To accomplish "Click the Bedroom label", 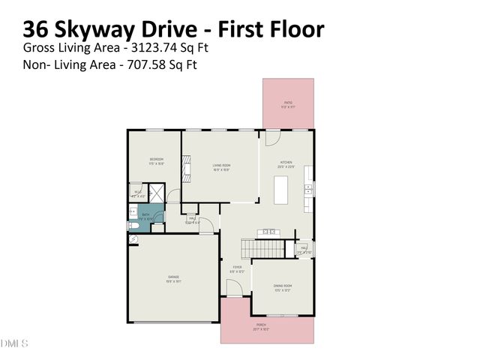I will coord(156,160).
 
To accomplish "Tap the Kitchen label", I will coord(286,163).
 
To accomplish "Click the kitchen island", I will coord(281,192).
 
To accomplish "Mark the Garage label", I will coord(172,278).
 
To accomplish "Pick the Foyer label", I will coord(236,268).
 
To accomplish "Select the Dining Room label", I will coord(282,286).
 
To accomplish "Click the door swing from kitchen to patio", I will coord(272,139).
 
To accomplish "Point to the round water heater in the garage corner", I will coord(133,239).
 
